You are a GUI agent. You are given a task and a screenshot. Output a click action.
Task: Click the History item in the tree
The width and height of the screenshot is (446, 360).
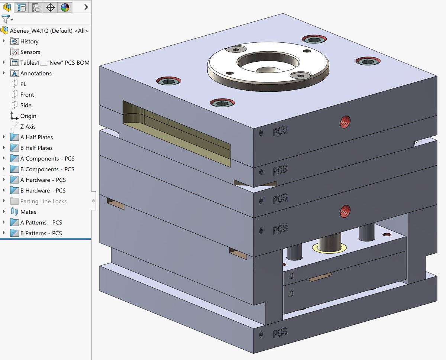click(x=29, y=41)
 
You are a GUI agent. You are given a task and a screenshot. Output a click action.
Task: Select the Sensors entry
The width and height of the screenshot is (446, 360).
click(x=30, y=52)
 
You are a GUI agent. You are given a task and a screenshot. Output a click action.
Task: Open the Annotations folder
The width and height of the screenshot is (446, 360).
click(x=36, y=73)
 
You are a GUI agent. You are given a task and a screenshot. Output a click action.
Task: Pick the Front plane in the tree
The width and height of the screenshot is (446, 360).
click(x=27, y=95)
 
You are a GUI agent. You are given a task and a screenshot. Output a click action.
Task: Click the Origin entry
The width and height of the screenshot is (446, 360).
click(x=28, y=116)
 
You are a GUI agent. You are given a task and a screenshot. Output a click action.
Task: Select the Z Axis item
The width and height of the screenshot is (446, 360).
click(x=28, y=127)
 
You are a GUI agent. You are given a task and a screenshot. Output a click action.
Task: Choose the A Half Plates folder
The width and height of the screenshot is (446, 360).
click(x=36, y=137)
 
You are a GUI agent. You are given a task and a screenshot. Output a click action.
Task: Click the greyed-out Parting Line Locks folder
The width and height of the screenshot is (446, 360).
click(x=43, y=201)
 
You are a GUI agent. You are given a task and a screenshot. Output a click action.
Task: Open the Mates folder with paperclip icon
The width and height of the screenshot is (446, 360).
click(x=28, y=212)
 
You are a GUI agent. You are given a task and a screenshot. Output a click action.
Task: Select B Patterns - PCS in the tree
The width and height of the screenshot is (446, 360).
click(x=41, y=233)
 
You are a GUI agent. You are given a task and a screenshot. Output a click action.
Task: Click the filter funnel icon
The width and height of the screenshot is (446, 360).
click(x=6, y=19)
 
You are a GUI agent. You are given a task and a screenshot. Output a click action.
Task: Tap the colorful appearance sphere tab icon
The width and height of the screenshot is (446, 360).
click(x=65, y=7)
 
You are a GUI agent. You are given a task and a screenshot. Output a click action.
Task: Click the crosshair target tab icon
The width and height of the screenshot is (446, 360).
click(x=51, y=7)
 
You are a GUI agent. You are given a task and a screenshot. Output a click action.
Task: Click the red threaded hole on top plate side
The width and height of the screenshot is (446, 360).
click(x=346, y=121)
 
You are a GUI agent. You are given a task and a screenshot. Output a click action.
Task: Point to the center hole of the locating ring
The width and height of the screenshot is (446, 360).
click(x=268, y=70)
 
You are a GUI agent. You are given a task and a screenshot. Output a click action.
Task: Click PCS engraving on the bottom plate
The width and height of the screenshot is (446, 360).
click(x=280, y=333)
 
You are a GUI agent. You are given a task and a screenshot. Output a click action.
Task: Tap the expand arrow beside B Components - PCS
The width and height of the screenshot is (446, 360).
click(x=4, y=169)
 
